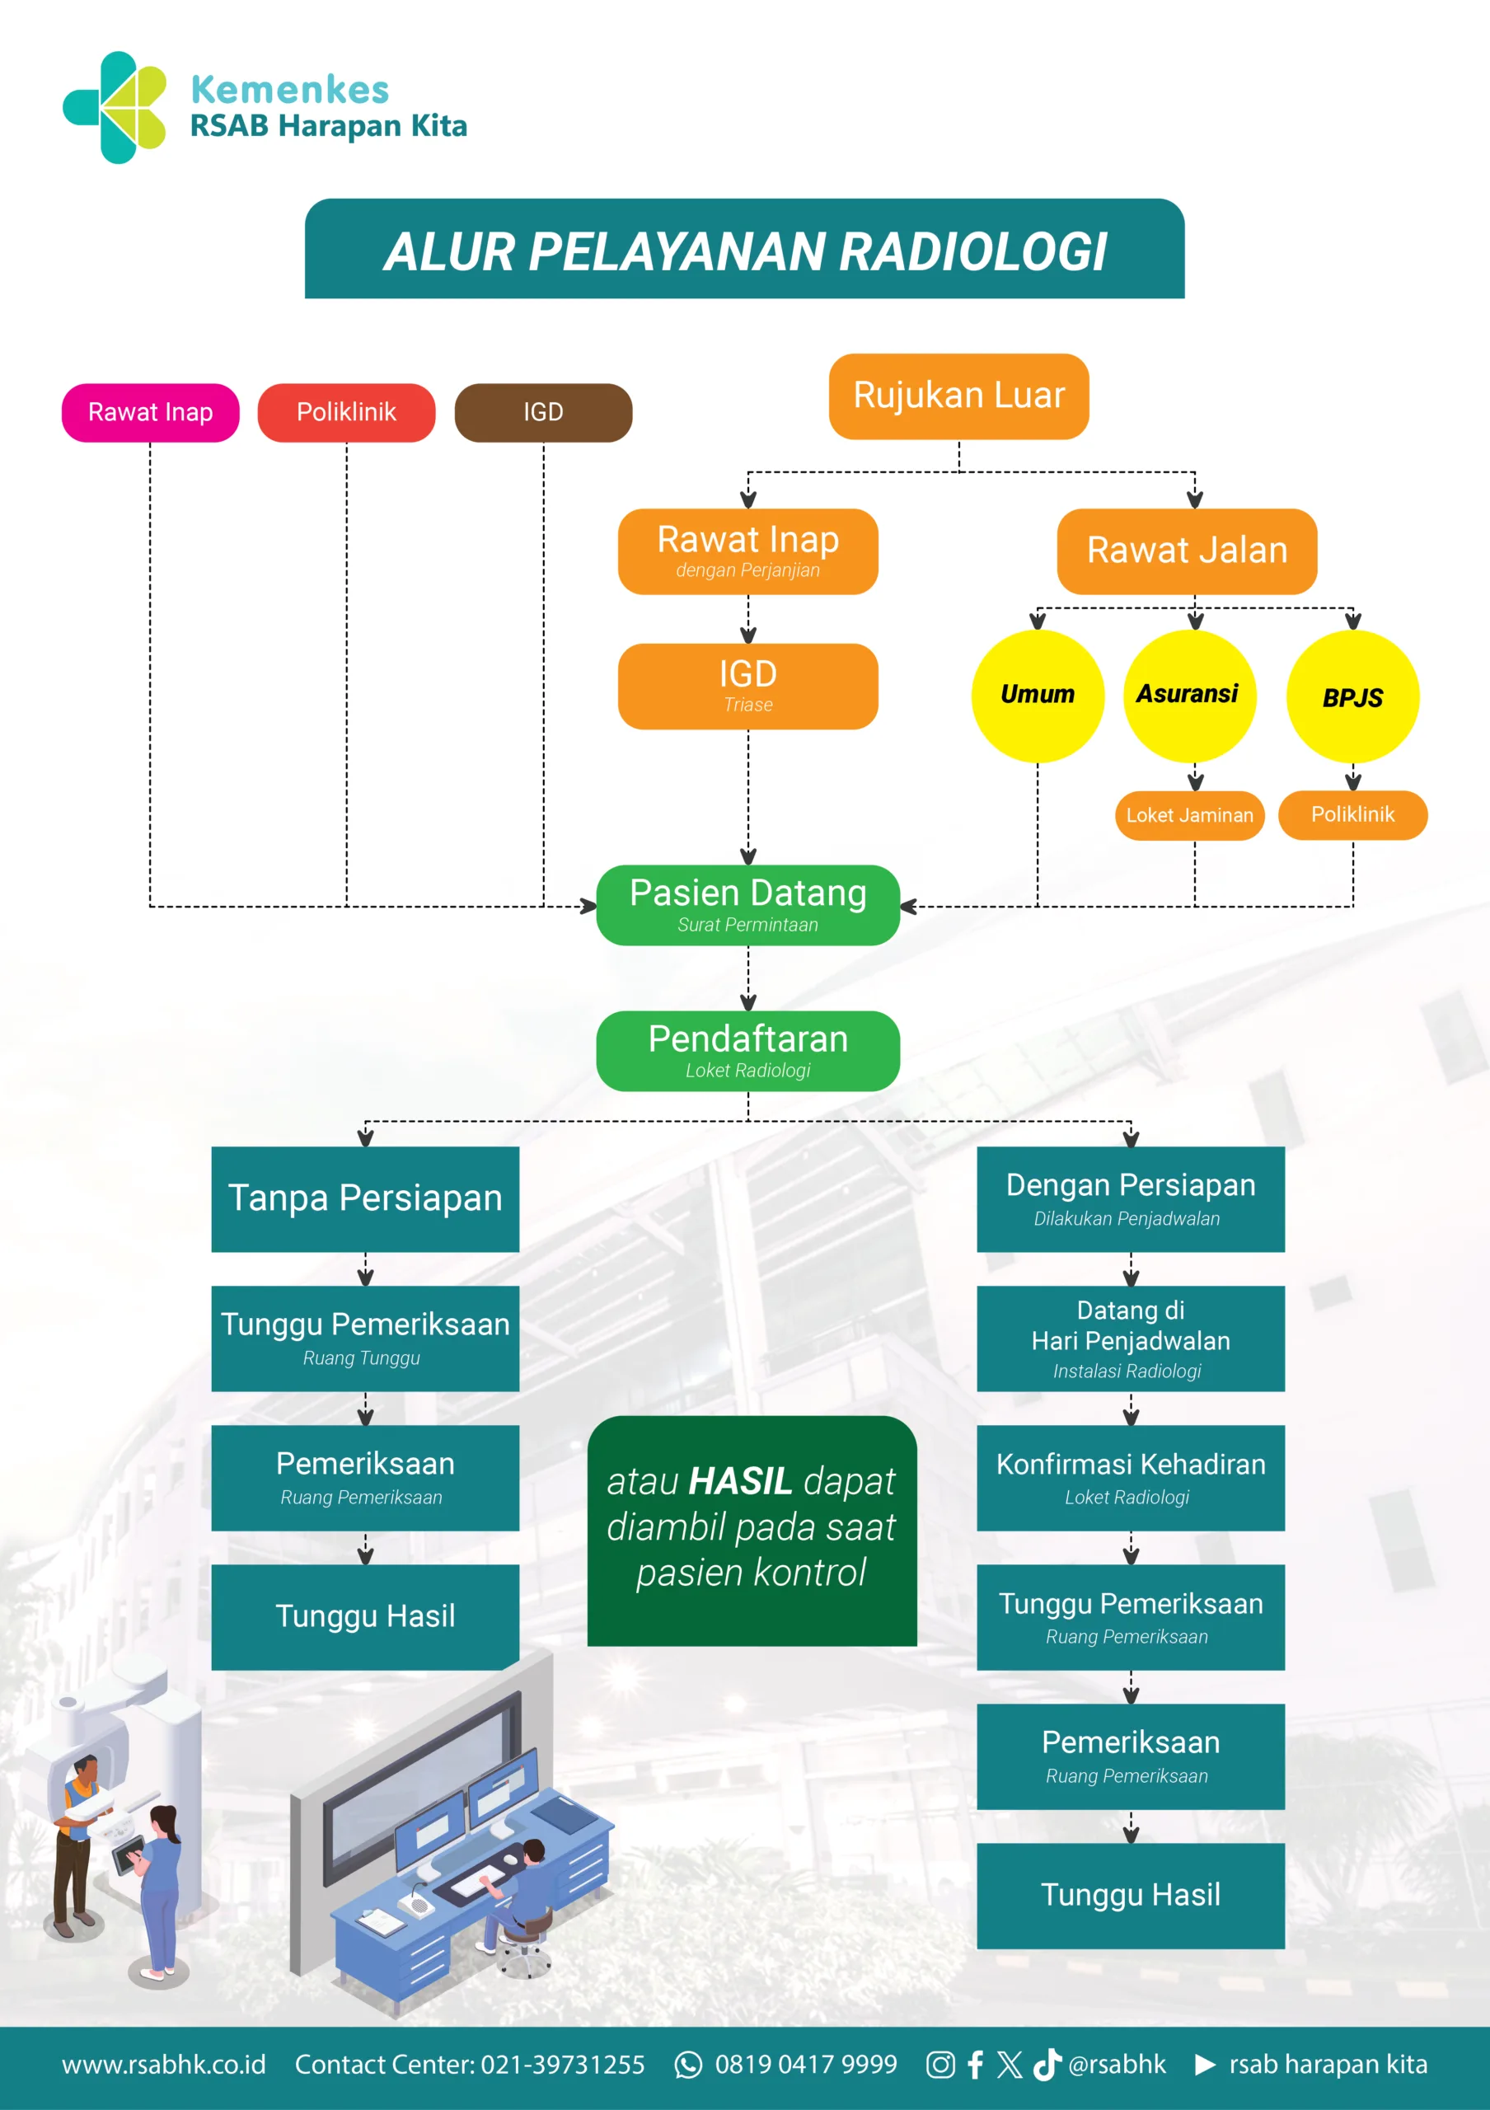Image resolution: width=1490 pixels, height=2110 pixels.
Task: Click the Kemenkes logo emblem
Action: pos(115,107)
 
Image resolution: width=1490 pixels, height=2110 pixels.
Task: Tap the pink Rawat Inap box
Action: pos(151,413)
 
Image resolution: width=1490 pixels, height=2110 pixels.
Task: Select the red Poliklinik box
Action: pos(346,413)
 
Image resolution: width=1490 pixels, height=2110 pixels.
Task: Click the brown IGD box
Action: pos(543,413)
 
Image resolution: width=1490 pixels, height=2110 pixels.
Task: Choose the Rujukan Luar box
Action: pos(958,396)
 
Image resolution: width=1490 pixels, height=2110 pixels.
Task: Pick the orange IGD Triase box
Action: pos(747,686)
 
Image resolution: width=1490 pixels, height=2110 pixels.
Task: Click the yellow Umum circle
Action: pos(1037,696)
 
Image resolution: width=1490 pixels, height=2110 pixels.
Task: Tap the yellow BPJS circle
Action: pos(1352,697)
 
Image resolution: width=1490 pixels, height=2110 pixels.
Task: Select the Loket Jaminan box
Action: pos(1190,815)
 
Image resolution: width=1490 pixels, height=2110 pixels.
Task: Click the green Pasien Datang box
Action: pos(747,905)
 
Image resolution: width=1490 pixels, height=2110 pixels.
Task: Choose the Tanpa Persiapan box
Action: pos(365,1198)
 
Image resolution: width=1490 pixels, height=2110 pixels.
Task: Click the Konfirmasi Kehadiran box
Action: pos(1130,1477)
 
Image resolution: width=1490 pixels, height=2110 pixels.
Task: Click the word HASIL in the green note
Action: pos(739,1481)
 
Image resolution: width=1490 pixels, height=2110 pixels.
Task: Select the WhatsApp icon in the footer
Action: pos(688,2065)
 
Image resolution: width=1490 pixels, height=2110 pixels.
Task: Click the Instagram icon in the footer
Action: pos(939,2065)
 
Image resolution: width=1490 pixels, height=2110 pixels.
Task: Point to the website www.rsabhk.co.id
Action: pos(163,2065)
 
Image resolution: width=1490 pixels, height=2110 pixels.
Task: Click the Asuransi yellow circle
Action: pos(1188,696)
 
